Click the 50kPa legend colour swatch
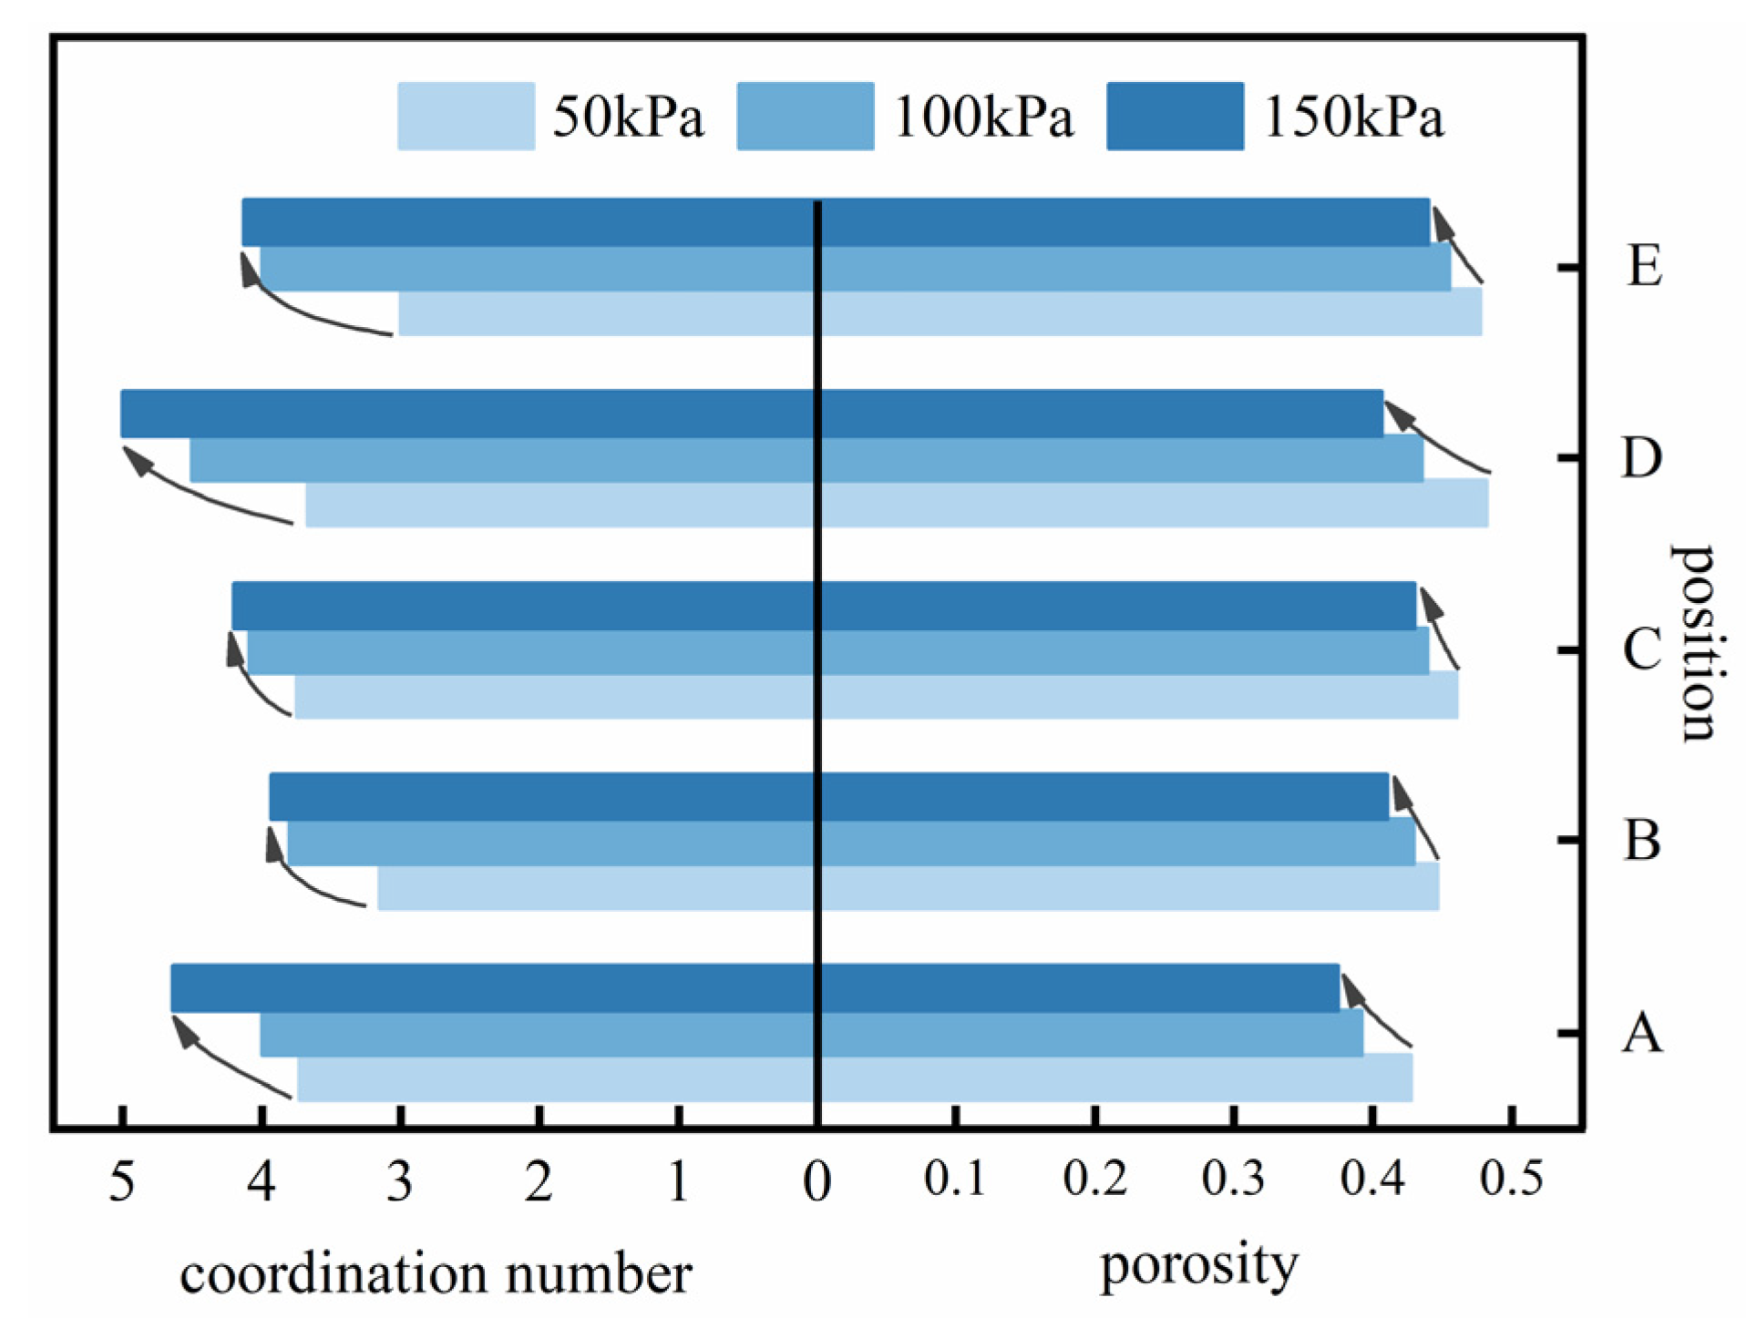tap(466, 116)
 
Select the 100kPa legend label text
tap(983, 117)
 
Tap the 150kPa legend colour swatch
tap(1175, 116)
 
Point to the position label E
tap(1644, 267)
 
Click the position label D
tap(1641, 457)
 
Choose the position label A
tap(1641, 1033)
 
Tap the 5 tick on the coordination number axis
tap(122, 1182)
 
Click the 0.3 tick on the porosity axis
tap(1233, 1178)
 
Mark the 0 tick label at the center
tap(817, 1182)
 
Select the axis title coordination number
tap(436, 1273)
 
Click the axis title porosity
tap(1198, 1266)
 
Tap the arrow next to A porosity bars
tap(1376, 1011)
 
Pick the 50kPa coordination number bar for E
tap(606, 314)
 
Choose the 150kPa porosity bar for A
tap(1080, 987)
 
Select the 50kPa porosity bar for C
tap(1139, 697)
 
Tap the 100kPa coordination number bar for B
tap(551, 843)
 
